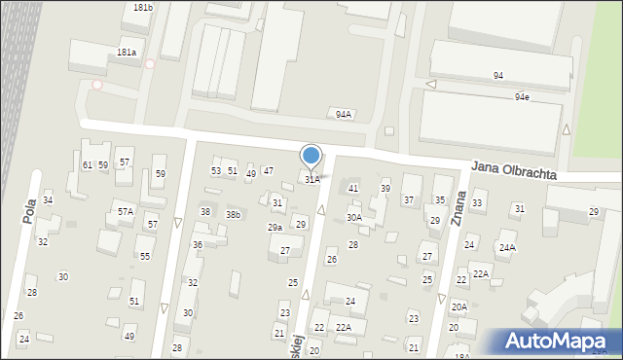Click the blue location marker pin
(x=311, y=156)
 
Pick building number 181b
(x=143, y=8)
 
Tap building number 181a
(x=127, y=53)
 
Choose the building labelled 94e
(x=523, y=96)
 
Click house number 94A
(x=344, y=114)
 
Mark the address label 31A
(x=311, y=179)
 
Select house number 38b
(x=234, y=214)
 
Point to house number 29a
(x=275, y=228)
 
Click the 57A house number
(x=126, y=211)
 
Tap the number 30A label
(x=354, y=218)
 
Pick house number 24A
(x=507, y=247)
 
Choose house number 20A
(x=458, y=306)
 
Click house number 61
(x=87, y=165)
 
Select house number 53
(x=216, y=171)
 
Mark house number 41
(x=353, y=188)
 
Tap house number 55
(x=145, y=256)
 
